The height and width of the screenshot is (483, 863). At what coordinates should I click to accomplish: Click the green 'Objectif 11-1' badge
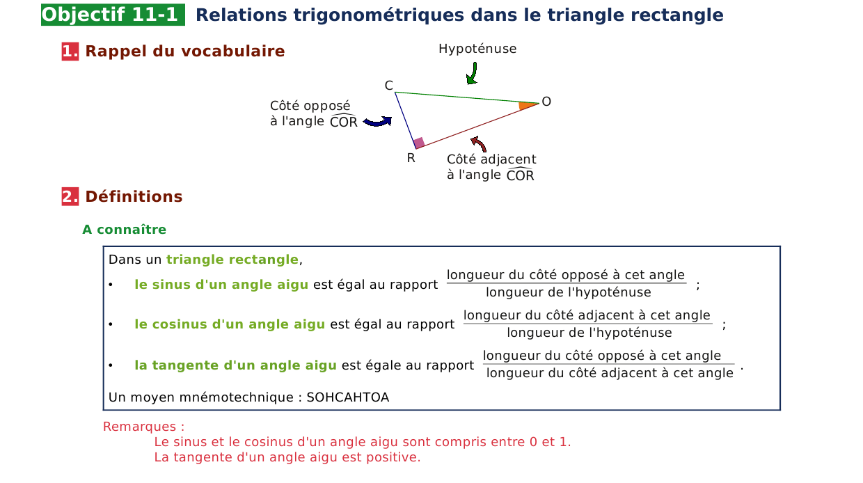113,15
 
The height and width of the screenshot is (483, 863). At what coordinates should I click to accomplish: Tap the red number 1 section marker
70,52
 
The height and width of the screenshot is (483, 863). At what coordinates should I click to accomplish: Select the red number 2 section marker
70,196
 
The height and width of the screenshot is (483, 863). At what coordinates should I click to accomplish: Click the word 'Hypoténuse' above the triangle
477,49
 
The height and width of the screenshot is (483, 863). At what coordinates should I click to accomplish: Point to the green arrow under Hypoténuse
473,74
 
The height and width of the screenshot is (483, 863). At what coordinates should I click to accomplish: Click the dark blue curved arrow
377,121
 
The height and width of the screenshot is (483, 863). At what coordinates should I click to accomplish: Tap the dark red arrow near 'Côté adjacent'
479,143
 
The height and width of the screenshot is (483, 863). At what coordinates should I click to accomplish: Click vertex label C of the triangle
389,86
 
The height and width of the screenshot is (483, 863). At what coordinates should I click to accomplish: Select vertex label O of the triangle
546,102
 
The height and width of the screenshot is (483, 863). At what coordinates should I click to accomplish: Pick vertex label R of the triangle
411,158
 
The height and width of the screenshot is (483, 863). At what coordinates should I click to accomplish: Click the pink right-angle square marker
419,143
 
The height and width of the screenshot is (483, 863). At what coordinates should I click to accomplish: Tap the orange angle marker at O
527,106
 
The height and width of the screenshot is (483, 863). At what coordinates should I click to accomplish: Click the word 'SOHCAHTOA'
348,397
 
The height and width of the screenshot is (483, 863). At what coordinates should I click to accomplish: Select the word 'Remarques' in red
139,427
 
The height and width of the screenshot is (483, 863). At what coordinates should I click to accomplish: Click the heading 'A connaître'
125,230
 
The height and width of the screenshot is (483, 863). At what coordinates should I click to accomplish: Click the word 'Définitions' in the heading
134,196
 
